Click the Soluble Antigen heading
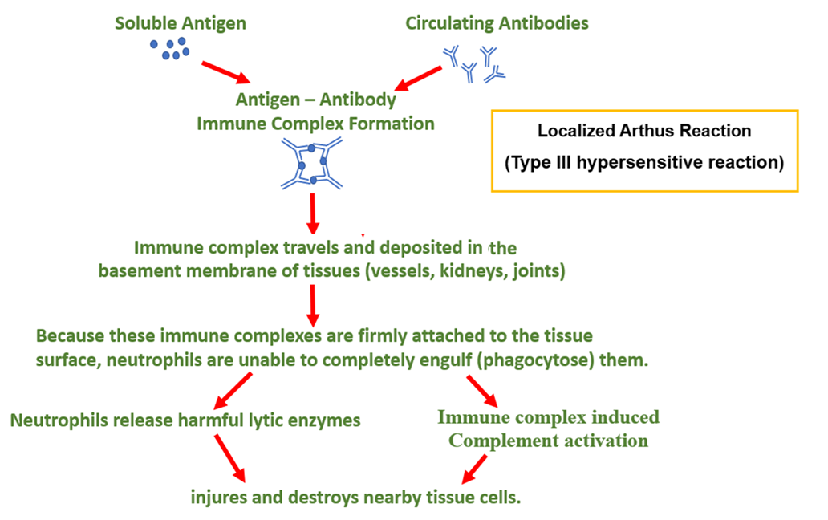[x=181, y=23]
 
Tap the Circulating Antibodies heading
[x=497, y=23]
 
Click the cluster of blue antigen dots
[x=170, y=49]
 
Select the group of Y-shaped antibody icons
[x=474, y=64]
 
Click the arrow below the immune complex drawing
[x=313, y=213]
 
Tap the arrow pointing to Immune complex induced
[x=483, y=389]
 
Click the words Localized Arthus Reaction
[x=644, y=131]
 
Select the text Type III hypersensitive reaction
[x=644, y=162]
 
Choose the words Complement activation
[x=548, y=441]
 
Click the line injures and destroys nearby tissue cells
[x=356, y=497]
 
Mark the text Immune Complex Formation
[x=315, y=124]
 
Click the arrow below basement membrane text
[x=313, y=303]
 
